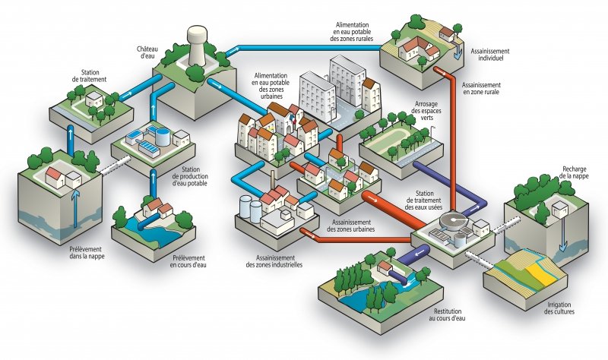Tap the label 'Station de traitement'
[x=89, y=74]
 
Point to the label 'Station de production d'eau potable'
[x=203, y=180]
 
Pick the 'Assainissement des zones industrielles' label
[x=274, y=260]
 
